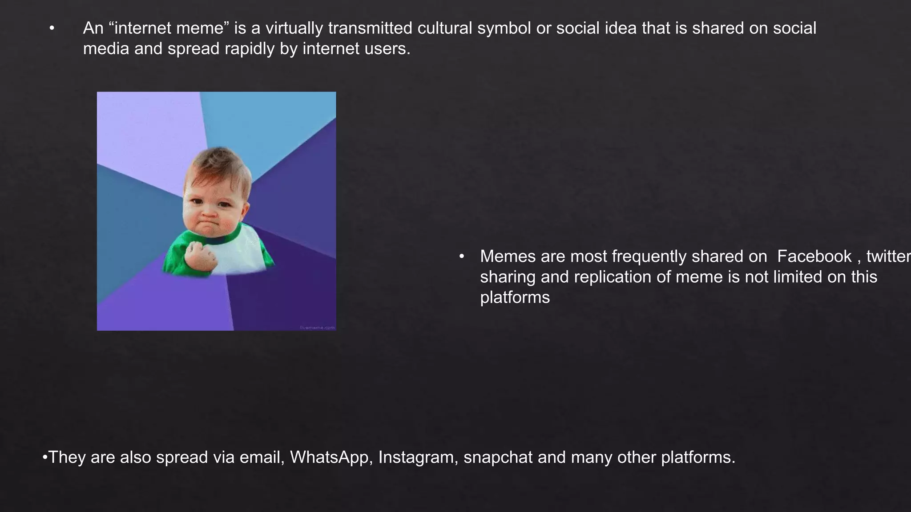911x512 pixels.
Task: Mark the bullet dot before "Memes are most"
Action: point(462,257)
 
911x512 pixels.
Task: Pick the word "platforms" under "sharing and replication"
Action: point(515,298)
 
